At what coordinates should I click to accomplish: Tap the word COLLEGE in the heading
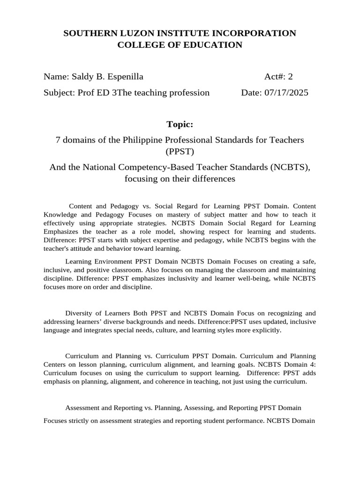point(141,45)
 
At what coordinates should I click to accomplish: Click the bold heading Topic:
point(180,124)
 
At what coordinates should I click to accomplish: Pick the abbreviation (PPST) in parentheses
point(180,151)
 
